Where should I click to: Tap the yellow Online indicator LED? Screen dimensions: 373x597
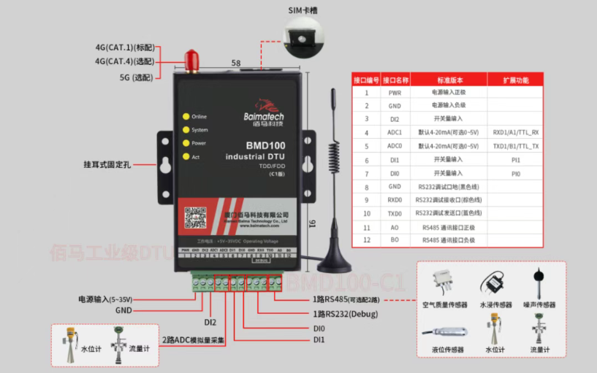186,117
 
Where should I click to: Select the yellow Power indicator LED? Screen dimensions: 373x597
186,143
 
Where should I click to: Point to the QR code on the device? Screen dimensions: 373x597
194,218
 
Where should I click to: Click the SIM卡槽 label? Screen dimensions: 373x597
301,11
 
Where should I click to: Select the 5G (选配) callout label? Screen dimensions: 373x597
136,77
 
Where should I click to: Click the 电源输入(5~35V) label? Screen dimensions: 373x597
105,299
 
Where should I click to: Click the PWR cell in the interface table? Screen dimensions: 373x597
395,93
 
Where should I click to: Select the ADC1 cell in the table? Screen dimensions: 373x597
395,133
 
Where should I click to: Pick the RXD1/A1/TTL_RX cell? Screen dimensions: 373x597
515,133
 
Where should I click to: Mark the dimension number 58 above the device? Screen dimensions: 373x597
236,64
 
